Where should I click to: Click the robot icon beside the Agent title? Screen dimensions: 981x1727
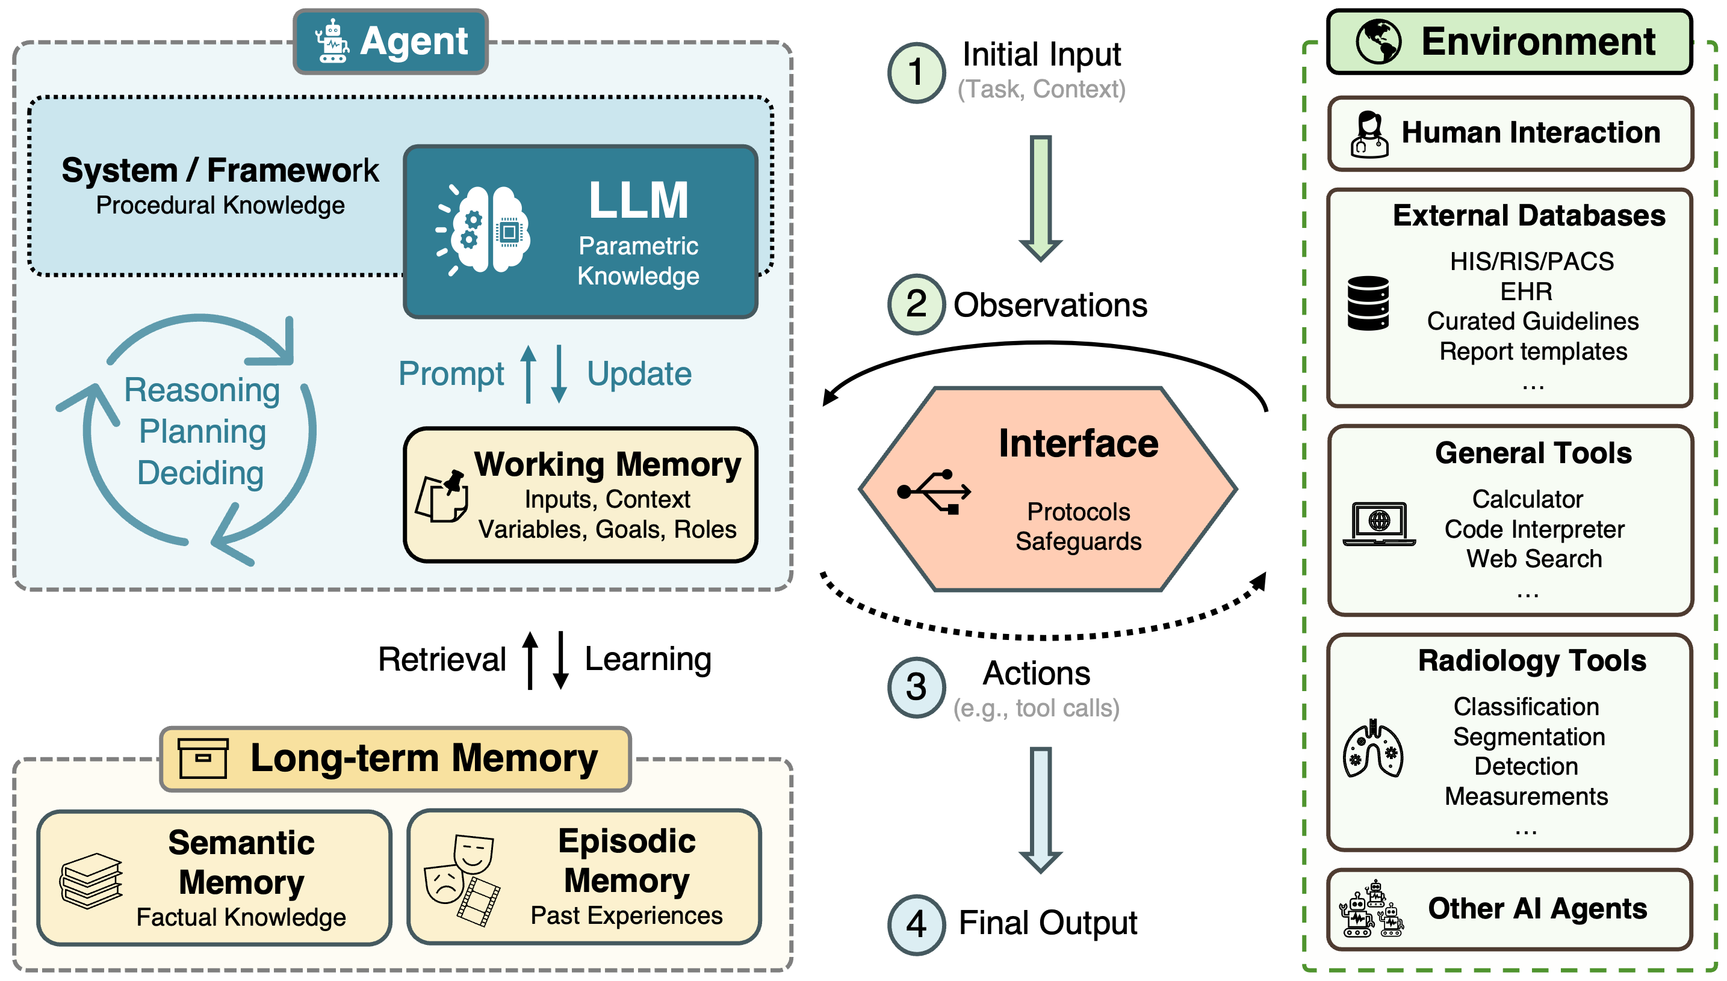[x=332, y=42]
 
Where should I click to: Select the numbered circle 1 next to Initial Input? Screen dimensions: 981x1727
[x=916, y=72]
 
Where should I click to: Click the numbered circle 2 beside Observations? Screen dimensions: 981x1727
[x=916, y=304]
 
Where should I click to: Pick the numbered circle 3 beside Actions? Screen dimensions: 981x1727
[x=916, y=687]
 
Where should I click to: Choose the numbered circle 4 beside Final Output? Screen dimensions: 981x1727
[x=916, y=924]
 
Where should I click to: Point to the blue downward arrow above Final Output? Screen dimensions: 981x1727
[x=1041, y=809]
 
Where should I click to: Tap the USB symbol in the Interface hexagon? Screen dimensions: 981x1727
[x=934, y=492]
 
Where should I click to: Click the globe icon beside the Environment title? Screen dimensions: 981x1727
[x=1378, y=42]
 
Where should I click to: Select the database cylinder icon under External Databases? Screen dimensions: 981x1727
[x=1368, y=303]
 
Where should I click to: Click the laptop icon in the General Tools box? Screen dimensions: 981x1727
[x=1379, y=523]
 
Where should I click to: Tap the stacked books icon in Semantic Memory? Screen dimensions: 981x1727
[x=91, y=881]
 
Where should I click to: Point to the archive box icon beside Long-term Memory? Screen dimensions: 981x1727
[x=203, y=758]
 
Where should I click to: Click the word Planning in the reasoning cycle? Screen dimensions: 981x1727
[x=202, y=431]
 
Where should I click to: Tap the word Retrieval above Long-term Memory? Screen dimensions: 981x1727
[x=441, y=659]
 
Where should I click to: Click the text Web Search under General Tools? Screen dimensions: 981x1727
[x=1534, y=559]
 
